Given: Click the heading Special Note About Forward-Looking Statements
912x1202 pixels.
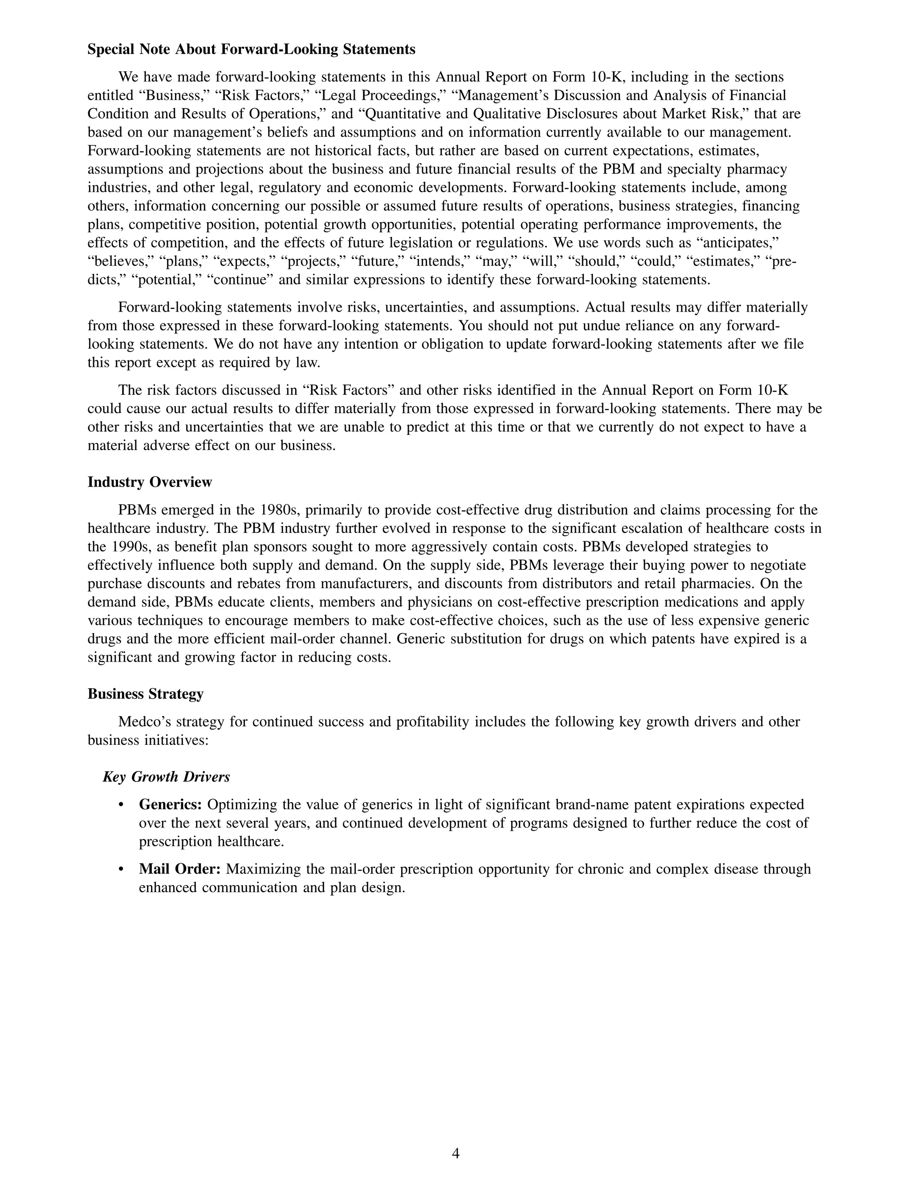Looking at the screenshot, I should [x=251, y=49].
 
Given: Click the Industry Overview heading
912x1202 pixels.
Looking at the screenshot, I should [x=150, y=482].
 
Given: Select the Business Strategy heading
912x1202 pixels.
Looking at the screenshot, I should [x=145, y=694].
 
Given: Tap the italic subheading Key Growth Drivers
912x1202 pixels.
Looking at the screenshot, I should [x=166, y=777].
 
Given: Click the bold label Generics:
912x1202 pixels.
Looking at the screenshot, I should [x=171, y=804].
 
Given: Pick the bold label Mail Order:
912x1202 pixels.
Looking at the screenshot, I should [x=179, y=869].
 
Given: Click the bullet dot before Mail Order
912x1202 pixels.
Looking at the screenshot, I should [x=121, y=869].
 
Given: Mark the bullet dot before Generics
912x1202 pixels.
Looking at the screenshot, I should [x=121, y=805].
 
